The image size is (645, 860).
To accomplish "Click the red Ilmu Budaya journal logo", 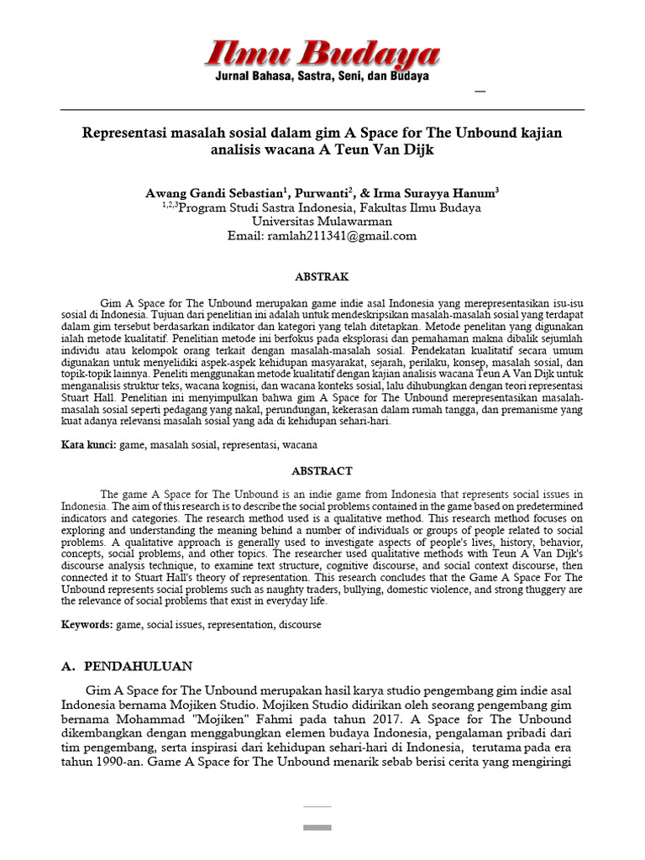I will point(322,55).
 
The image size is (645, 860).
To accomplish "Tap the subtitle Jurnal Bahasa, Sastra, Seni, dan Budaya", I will point(322,76).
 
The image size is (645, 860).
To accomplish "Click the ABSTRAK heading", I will point(322,276).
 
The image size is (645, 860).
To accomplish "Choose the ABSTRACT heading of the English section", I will point(322,471).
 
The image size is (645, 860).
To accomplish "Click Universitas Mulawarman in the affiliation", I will point(322,222).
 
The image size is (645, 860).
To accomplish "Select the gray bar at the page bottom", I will point(317,827).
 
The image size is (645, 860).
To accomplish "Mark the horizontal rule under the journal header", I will point(322,110).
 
